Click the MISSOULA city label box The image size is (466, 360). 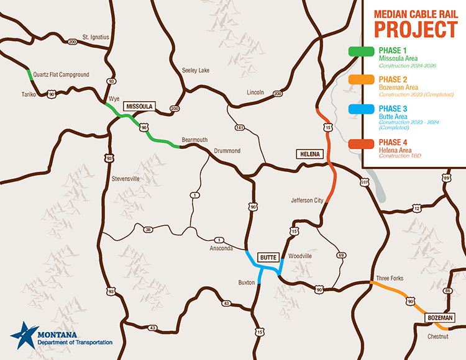[139, 106]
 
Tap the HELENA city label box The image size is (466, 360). [309, 153]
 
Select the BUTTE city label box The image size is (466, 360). [268, 256]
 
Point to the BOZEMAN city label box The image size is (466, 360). [441, 318]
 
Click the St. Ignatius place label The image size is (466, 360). [96, 37]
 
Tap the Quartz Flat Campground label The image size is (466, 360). [61, 74]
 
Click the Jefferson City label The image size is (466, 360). [307, 200]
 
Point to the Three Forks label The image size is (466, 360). [390, 278]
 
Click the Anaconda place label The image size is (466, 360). [221, 248]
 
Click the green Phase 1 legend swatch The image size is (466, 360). [360, 52]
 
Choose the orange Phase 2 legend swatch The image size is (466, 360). [360, 81]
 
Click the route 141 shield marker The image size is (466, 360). [240, 128]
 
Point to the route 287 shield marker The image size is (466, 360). [364, 182]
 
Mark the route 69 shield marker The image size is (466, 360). [341, 255]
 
